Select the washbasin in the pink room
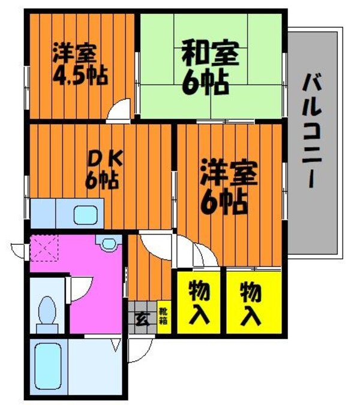pyautogui.click(x=108, y=244)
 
